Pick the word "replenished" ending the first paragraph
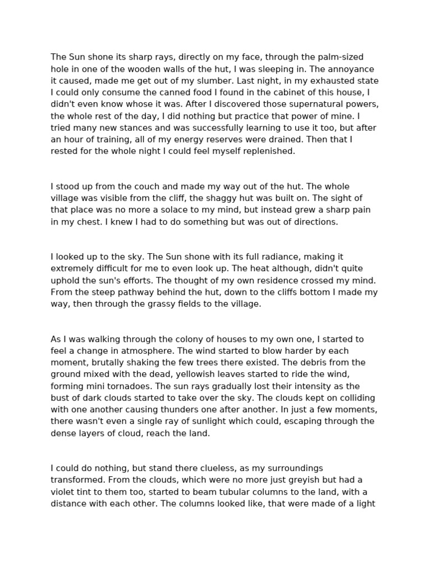(x=269, y=152)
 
